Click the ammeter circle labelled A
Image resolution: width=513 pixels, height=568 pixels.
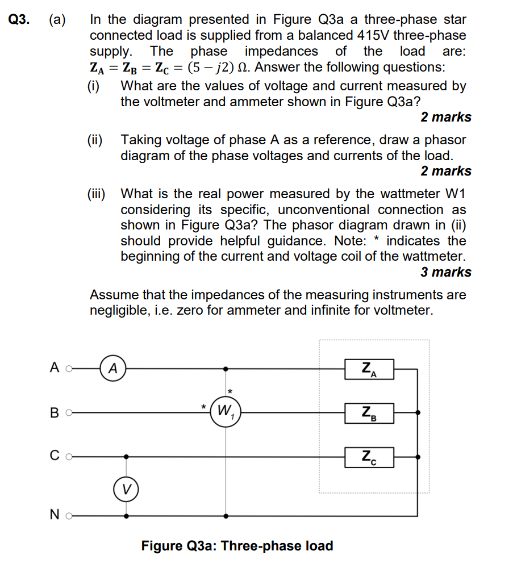point(113,368)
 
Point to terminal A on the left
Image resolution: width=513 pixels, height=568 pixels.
point(69,368)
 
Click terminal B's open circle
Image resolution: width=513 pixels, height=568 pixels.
point(69,413)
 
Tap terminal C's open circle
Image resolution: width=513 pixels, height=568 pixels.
point(69,456)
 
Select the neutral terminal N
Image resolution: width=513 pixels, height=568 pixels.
point(69,516)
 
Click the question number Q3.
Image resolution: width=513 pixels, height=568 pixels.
point(19,20)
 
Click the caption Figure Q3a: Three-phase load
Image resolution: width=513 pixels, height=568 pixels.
point(237,546)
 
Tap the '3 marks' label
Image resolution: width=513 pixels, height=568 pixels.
point(446,272)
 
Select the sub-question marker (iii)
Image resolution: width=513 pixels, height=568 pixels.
point(97,194)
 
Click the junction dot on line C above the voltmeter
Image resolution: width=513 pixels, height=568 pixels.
point(126,456)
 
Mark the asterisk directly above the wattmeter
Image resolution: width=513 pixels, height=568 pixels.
point(230,392)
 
